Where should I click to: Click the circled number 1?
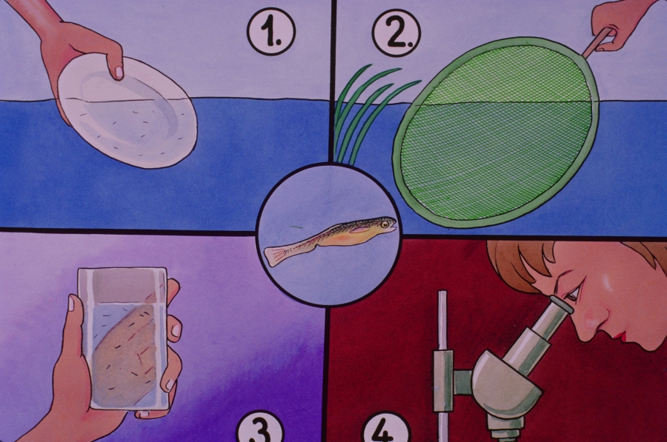271,32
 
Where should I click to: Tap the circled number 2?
396,33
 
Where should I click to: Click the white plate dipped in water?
127,111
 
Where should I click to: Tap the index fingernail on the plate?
119,73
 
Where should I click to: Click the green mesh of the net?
496,133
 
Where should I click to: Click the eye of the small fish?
385,224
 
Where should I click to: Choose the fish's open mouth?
394,226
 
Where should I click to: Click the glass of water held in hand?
123,338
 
